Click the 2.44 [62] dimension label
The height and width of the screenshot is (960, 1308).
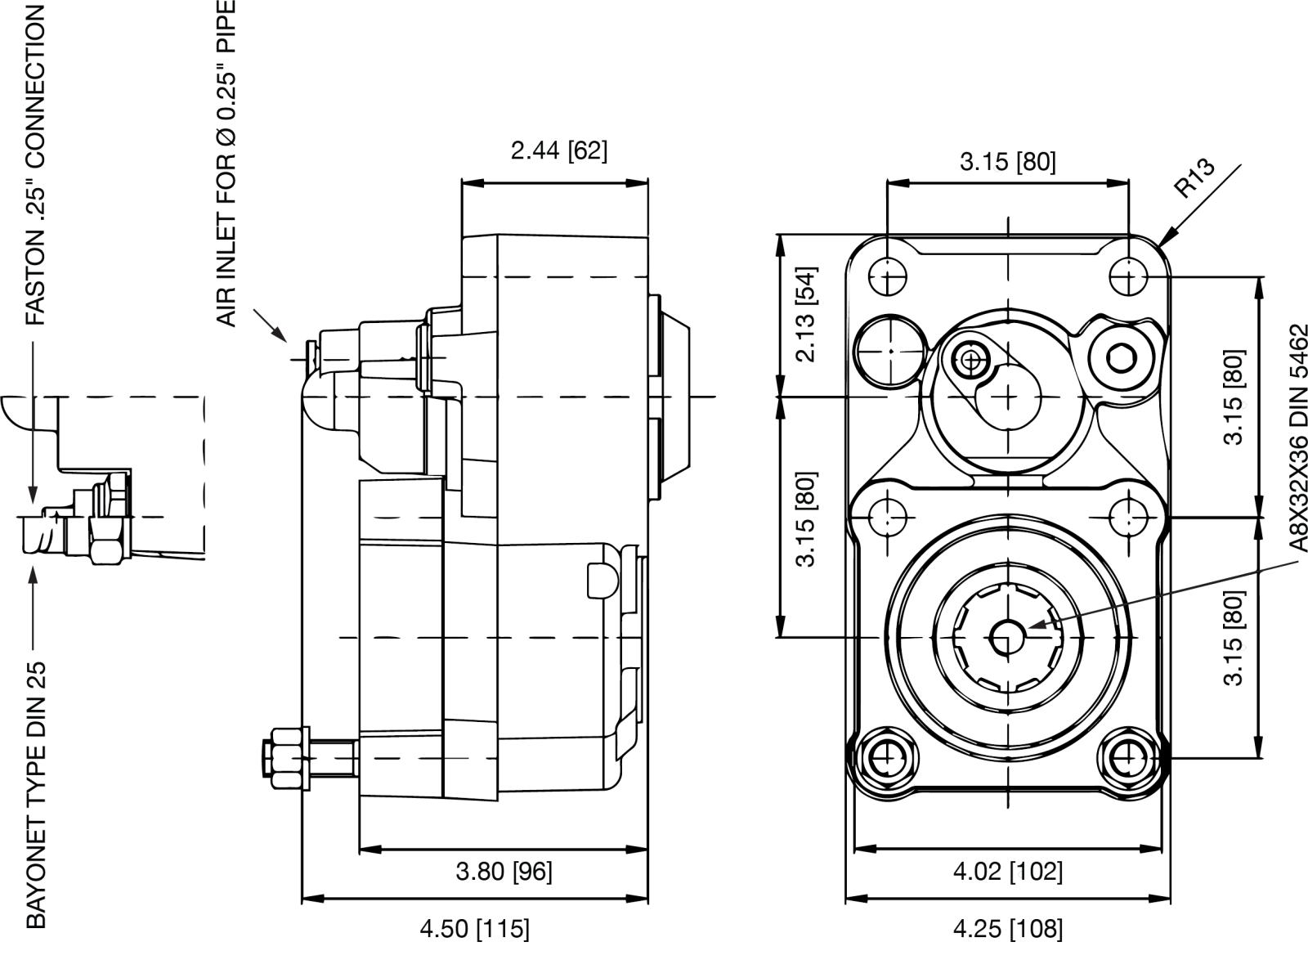point(559,150)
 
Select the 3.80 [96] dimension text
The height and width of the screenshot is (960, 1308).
point(504,872)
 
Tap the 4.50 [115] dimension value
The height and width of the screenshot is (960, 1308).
point(475,929)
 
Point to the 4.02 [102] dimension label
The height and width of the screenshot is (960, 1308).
point(1008,872)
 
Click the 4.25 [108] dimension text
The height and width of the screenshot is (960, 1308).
point(1008,929)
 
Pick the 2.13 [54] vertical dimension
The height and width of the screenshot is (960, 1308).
point(806,315)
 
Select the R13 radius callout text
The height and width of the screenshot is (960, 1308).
point(1194,177)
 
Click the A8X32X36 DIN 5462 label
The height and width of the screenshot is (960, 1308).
point(1297,438)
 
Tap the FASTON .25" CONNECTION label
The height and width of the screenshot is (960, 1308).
point(35,165)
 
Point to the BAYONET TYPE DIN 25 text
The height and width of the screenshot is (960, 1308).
point(36,795)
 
